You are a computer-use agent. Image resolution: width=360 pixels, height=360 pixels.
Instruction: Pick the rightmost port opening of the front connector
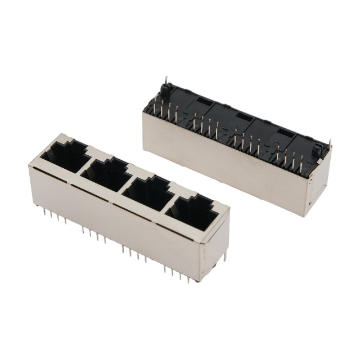point(190,213)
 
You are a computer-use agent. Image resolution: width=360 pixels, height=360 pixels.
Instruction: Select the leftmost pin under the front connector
point(42,211)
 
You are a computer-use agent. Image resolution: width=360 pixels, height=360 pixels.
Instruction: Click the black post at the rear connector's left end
point(166,90)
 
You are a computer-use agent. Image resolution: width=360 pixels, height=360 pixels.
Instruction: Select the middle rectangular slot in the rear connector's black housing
point(242,116)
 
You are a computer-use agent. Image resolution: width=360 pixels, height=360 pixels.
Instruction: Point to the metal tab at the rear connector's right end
point(329,145)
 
